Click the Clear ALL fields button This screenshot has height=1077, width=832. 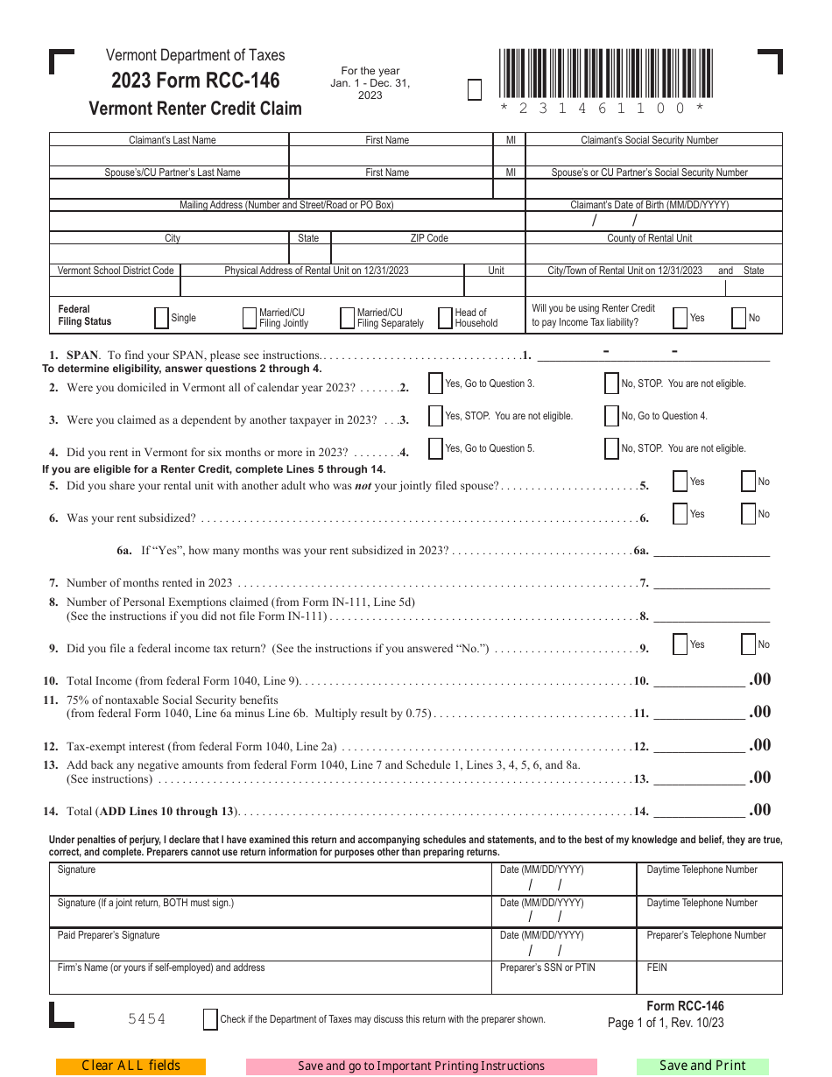coord(130,1066)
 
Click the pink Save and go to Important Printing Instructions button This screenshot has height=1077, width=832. coord(421,1066)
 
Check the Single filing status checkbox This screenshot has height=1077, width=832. coord(161,318)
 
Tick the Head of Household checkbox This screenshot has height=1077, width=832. coord(445,318)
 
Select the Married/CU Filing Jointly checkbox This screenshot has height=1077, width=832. coord(250,318)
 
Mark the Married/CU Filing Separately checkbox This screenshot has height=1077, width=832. coord(347,318)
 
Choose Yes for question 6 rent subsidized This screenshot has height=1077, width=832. coord(680,514)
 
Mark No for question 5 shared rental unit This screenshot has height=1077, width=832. coord(748,482)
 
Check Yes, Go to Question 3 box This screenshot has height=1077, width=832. coord(435,384)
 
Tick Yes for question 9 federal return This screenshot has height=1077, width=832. coord(680,644)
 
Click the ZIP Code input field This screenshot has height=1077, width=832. coord(428,254)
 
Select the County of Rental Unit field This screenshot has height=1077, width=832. coord(653,254)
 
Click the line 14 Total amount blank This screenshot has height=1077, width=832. coord(699,810)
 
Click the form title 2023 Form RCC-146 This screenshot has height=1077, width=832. coord(195,81)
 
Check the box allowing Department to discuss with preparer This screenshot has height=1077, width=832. coord(210,1019)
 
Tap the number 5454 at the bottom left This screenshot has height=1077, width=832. coord(146,1019)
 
